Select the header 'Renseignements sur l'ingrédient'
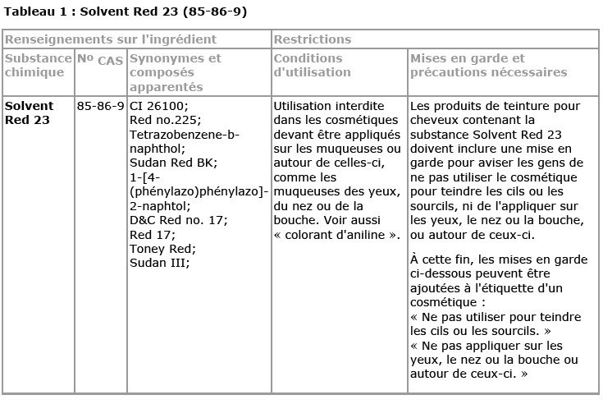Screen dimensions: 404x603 111,39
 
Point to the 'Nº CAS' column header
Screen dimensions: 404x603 100,60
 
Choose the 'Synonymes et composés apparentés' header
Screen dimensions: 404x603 176,72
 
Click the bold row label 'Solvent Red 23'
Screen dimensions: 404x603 29,113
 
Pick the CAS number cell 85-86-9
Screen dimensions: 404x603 100,107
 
